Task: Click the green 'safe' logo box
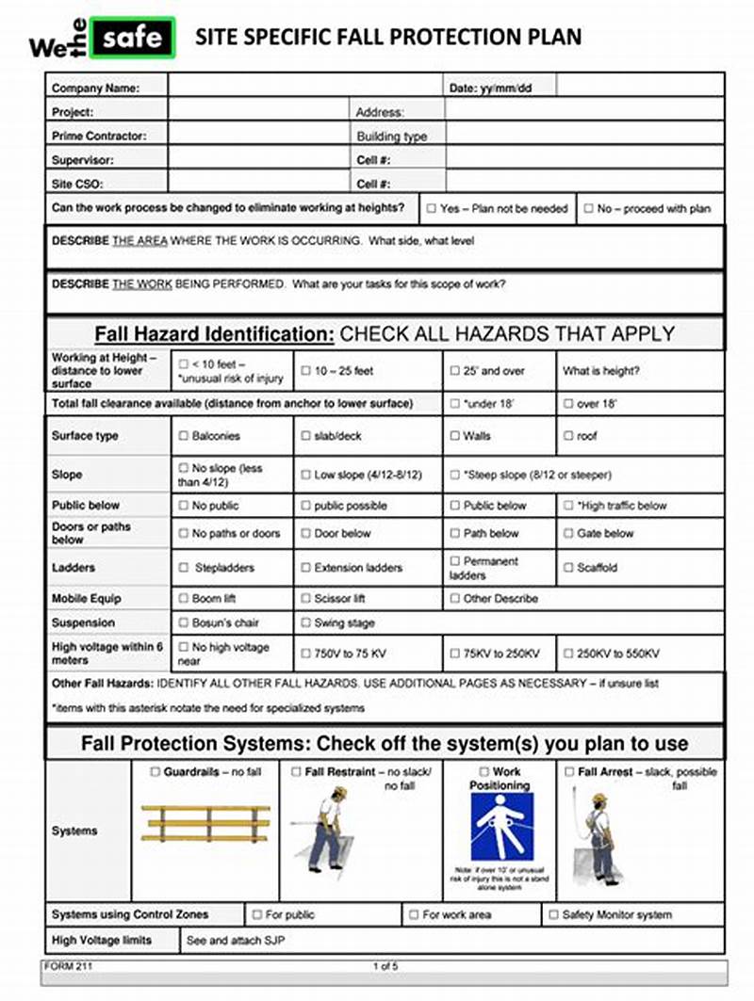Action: pos(138,39)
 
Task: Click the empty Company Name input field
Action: pos(304,88)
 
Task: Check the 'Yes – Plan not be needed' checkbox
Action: pos(431,208)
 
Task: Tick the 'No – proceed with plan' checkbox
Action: pos(588,208)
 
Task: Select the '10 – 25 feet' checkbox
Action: pos(305,371)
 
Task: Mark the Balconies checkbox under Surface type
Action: pos(183,436)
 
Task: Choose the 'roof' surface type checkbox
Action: pos(567,436)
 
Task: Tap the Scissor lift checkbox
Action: pos(305,598)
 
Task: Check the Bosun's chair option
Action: pos(183,622)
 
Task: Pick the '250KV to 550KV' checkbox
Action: pos(567,654)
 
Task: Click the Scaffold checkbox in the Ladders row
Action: pos(567,568)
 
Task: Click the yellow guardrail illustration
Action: pos(205,823)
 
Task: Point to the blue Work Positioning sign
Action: pos(501,827)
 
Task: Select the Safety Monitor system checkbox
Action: pos(553,914)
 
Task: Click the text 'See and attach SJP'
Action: pos(235,940)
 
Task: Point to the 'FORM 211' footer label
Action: pos(69,966)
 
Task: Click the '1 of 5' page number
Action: pos(385,966)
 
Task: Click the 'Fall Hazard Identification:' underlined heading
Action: pos(214,334)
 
